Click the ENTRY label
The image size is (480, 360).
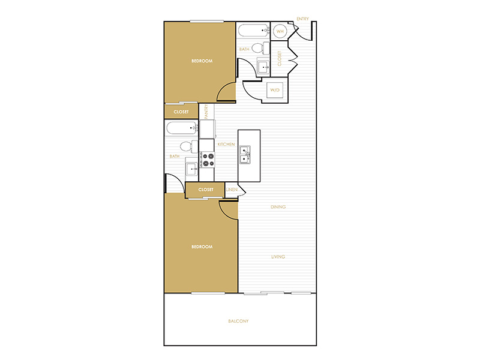click(303, 19)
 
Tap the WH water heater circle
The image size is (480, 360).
click(280, 31)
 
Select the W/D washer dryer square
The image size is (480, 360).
click(275, 90)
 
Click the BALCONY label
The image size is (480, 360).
click(238, 321)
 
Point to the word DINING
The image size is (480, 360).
click(278, 207)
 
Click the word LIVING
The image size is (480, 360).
click(278, 257)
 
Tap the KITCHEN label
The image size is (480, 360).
click(226, 144)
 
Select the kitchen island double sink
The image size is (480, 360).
click(245, 155)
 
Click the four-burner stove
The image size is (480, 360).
click(207, 160)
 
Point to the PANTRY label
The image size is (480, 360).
click(206, 112)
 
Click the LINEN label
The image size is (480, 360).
click(232, 190)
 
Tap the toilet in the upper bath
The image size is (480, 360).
click(260, 48)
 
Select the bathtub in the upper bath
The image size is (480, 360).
click(254, 31)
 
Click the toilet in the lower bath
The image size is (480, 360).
click(189, 146)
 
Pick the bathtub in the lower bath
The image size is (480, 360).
click(182, 128)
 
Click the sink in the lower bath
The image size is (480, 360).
click(192, 169)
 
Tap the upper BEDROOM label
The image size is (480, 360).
click(202, 61)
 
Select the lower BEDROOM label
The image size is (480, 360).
click(202, 247)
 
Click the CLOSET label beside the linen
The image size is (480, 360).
click(206, 190)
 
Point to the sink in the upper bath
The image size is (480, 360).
click(263, 67)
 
